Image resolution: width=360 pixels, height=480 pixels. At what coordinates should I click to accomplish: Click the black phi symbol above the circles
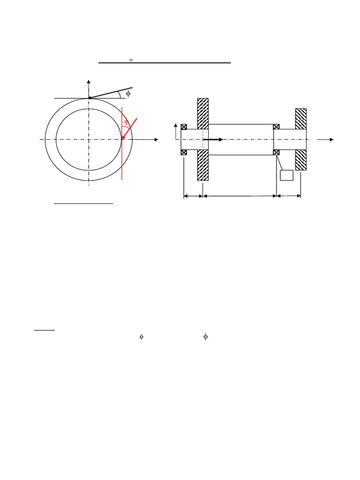[128, 93]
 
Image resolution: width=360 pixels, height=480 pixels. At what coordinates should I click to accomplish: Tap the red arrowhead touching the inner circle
[123, 137]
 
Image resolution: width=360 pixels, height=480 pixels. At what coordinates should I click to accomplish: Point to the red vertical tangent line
[122, 143]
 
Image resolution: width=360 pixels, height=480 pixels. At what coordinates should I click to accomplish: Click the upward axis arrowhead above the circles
[89, 82]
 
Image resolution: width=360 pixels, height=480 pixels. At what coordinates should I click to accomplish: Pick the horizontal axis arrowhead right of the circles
[156, 140]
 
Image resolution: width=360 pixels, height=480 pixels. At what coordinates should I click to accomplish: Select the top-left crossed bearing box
[184, 127]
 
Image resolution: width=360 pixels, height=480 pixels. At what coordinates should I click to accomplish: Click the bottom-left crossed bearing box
[184, 152]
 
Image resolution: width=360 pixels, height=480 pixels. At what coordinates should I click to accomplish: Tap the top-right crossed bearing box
[276, 127]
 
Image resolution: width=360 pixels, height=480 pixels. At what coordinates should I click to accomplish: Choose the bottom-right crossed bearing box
[276, 152]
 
